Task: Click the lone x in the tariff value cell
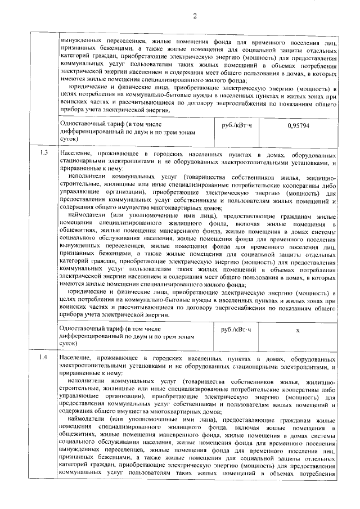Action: tap(297, 330)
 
